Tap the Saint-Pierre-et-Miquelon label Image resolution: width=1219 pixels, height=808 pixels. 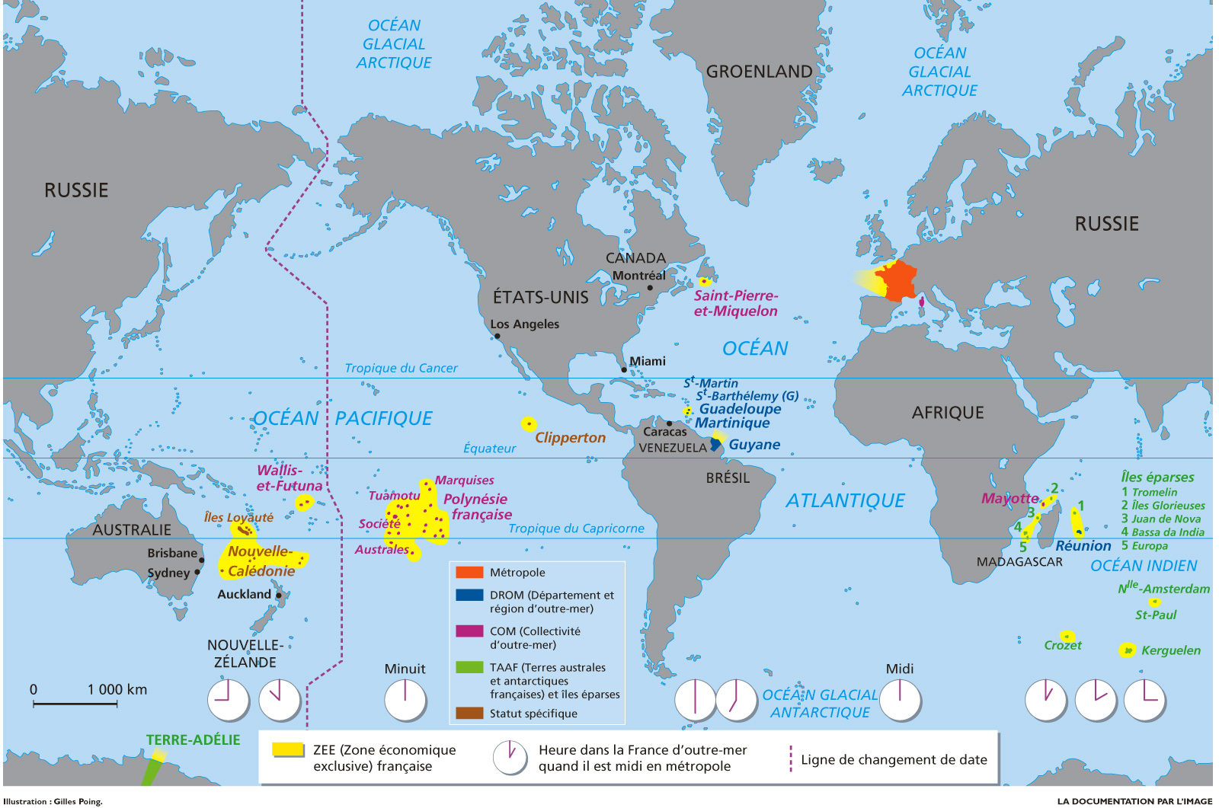coord(735,303)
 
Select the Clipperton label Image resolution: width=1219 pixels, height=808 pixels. coord(570,438)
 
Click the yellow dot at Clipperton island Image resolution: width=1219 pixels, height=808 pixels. coord(528,423)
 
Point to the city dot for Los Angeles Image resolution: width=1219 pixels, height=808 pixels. coord(498,336)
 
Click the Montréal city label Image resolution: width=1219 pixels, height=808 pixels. coord(638,276)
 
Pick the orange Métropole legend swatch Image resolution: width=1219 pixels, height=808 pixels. coord(469,572)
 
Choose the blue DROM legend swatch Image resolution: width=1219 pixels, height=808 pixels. coord(469,595)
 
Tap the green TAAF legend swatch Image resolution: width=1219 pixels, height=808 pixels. coord(469,667)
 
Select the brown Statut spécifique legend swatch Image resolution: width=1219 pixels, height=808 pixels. coord(469,713)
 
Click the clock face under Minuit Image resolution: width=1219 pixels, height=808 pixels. coord(405,700)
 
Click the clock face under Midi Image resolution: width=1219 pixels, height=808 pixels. coord(900,700)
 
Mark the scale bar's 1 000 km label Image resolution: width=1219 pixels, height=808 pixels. coord(117,689)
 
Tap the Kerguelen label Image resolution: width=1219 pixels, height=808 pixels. coord(1170,650)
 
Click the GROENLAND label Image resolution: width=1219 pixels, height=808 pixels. coord(759,72)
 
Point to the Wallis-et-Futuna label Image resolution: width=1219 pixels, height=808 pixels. coord(289,478)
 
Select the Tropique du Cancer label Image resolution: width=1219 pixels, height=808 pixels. coord(401,368)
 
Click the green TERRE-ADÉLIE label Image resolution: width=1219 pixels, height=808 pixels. coord(193,739)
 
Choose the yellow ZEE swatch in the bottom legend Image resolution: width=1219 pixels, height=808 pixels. coord(289,749)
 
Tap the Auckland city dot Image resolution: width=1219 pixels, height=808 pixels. coord(279,596)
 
